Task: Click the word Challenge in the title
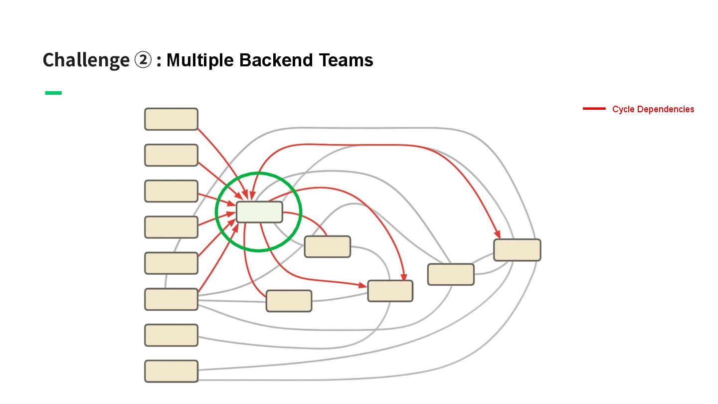point(86,60)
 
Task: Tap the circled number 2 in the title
point(143,60)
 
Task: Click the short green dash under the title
point(53,93)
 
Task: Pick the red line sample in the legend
point(594,109)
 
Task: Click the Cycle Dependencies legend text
point(653,109)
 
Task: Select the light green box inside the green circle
point(259,212)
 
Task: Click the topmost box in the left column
point(171,119)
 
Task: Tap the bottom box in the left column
point(171,371)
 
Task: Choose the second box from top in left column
point(171,155)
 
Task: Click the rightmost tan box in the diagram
point(517,250)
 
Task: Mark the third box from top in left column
point(171,191)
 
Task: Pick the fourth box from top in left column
point(171,227)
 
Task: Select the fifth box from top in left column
point(171,263)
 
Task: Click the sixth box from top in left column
point(171,299)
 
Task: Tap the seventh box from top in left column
point(171,335)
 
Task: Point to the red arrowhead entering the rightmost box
point(497,234)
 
